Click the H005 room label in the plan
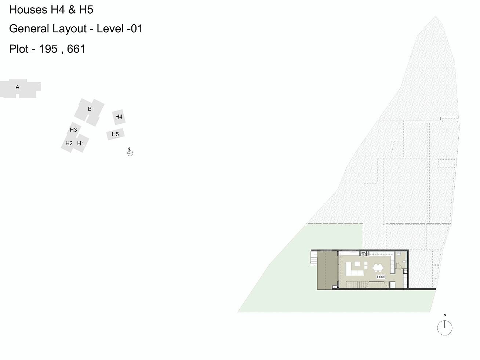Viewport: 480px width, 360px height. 381,277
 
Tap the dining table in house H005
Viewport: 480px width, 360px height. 378,268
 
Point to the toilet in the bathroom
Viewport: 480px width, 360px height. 404,262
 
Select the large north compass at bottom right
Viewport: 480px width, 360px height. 444,328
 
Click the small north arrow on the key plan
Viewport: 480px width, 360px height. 130,153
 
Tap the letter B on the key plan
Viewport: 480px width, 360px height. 90,109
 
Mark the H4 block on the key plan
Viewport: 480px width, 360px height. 119,117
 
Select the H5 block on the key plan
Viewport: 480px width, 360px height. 115,134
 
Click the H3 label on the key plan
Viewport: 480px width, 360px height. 73,130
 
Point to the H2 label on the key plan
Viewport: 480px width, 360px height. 69,143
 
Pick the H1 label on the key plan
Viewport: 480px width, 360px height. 81,143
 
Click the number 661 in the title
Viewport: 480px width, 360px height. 76,49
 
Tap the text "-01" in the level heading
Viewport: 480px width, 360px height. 134,29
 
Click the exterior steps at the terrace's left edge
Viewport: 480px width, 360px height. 313,260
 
